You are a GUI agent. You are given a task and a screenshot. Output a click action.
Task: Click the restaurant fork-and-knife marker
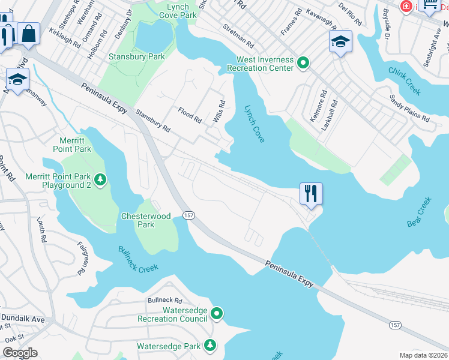[x=311, y=194]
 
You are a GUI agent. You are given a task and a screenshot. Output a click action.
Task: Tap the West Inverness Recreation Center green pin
[x=303, y=62]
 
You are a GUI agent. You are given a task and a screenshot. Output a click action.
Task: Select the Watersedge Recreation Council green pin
[x=217, y=313]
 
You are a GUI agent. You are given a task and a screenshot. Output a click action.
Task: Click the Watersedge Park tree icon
[x=210, y=345]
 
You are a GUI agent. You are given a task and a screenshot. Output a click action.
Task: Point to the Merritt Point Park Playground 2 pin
[x=101, y=179]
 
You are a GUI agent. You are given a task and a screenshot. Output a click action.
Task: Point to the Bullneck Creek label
[x=137, y=260]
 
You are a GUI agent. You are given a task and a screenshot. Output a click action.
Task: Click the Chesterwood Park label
[x=146, y=220]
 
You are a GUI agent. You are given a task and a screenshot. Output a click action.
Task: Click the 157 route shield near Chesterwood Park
[x=188, y=215]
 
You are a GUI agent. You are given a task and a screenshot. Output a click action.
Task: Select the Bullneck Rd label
[x=164, y=300]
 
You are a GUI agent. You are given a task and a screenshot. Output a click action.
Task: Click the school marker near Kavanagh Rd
[x=340, y=43]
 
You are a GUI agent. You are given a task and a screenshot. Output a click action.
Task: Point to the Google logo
[x=20, y=353]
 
